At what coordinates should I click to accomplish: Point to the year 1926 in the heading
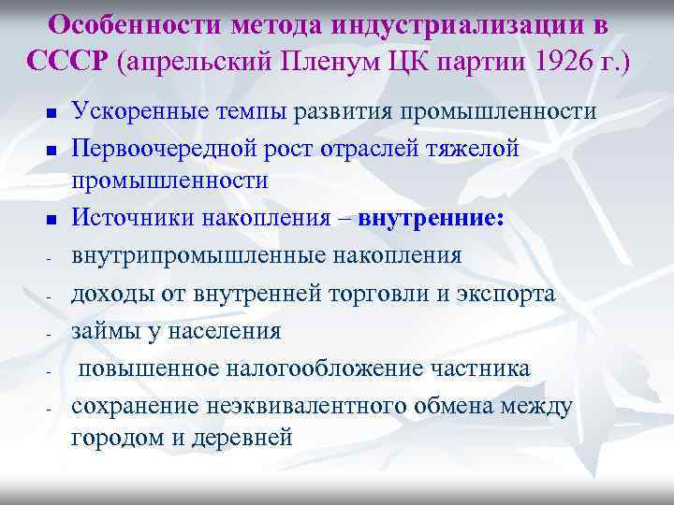click(x=558, y=62)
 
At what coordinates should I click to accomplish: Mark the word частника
click(x=484, y=368)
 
